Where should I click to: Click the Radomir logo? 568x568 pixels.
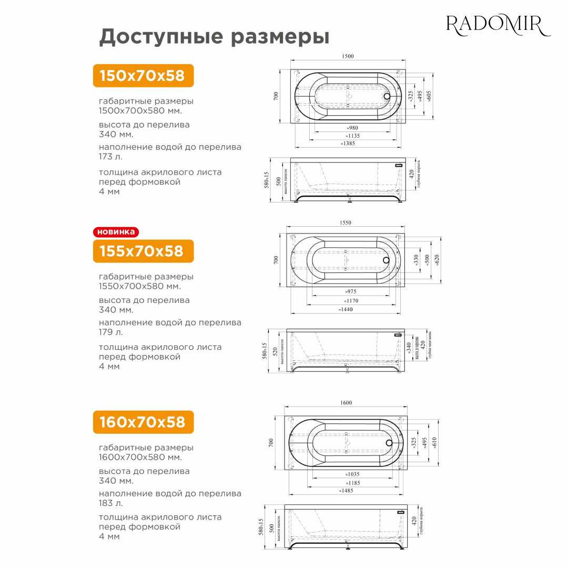(x=498, y=25)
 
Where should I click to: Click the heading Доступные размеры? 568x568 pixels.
(x=214, y=37)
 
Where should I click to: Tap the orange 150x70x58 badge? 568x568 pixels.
(x=143, y=76)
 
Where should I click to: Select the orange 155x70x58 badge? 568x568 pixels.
(x=143, y=251)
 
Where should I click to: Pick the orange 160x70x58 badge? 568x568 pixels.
(x=143, y=422)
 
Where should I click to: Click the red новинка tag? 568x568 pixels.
(x=116, y=231)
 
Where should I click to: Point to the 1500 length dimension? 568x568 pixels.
(x=348, y=56)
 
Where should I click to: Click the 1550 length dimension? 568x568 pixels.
(x=345, y=222)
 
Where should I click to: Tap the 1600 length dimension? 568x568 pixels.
(x=346, y=402)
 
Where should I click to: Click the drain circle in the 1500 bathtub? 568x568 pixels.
(x=388, y=96)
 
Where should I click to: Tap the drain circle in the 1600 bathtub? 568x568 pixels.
(x=389, y=442)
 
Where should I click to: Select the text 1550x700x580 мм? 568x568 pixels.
(x=139, y=286)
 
